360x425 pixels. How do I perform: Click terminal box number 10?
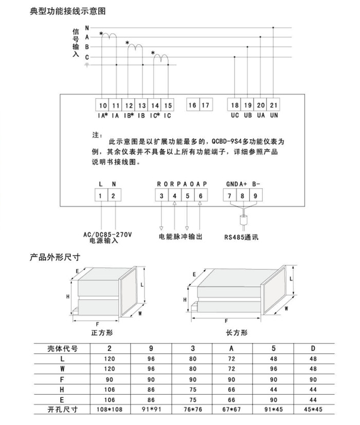tap(102, 105)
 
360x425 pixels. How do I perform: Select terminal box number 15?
tap(168, 105)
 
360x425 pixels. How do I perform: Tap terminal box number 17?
tap(206, 105)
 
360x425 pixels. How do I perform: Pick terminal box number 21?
tap(274, 105)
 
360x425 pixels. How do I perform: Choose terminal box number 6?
tap(201, 195)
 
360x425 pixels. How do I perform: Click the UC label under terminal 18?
tap(235, 116)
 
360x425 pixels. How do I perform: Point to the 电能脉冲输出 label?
tap(181, 237)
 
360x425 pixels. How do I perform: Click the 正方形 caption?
tap(101, 332)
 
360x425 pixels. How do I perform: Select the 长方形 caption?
tap(237, 332)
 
